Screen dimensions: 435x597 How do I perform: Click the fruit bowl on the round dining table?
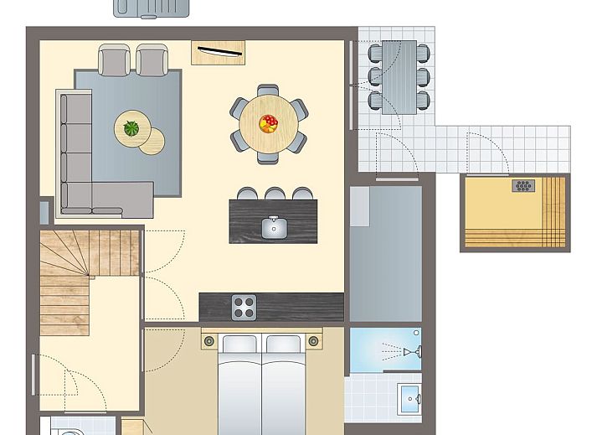[x=269, y=124]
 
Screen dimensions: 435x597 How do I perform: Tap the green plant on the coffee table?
[x=131, y=128]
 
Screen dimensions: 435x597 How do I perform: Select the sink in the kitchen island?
[x=273, y=226]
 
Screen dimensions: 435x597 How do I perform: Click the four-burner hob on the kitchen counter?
[x=244, y=307]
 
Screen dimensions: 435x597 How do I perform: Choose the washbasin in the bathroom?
[x=409, y=395]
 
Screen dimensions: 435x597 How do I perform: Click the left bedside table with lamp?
[x=209, y=341]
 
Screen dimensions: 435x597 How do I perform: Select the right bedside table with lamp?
[x=314, y=341]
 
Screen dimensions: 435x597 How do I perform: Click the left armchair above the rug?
[x=115, y=59]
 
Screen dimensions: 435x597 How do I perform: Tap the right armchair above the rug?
[x=152, y=59]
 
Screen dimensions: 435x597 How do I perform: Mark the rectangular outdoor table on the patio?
[x=399, y=77]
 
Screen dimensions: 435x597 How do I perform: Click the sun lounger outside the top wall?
[x=152, y=8]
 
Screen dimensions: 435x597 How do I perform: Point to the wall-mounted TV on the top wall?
[x=219, y=53]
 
